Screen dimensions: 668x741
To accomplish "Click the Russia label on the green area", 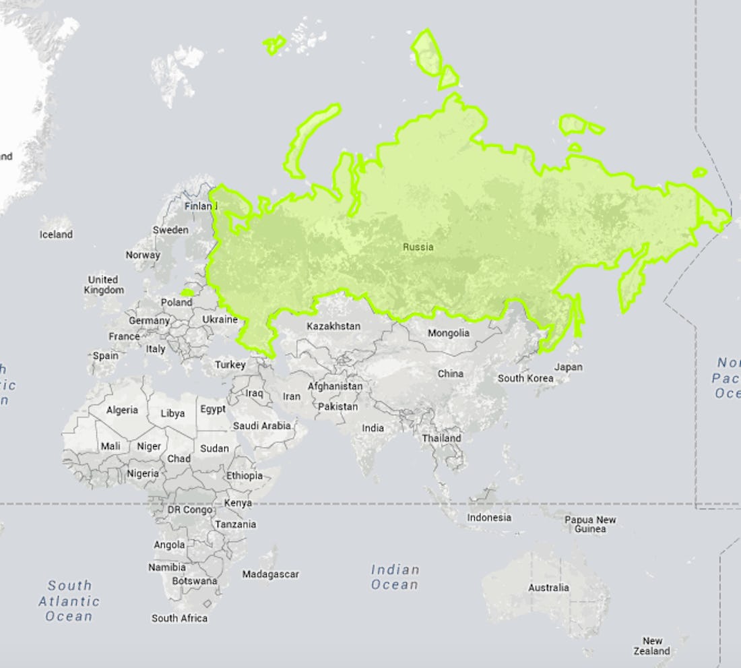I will coord(418,247).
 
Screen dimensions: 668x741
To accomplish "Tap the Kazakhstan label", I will coord(333,326).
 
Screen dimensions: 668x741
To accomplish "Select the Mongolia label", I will coord(448,333).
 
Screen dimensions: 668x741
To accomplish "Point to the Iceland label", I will coord(55,235).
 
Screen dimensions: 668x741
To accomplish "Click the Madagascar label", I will coord(270,574).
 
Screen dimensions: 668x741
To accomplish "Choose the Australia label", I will coord(548,588).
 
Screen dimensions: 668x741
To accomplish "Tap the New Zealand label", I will coord(651,646).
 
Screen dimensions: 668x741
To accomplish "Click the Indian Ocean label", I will coord(395,577).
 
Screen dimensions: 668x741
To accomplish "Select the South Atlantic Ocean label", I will coord(69,601).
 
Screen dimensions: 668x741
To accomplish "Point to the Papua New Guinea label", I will coord(590,524).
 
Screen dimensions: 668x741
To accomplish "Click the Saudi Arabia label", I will coord(262,426).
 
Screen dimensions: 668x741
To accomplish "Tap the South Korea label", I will coord(525,378).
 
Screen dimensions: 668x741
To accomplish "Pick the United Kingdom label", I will coord(104,284).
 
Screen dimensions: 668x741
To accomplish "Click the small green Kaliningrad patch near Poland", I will coord(187,293).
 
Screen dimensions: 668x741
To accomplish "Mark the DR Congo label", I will coord(189,510).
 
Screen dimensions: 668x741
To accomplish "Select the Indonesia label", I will coord(489,518).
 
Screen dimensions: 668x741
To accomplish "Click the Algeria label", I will coord(122,410).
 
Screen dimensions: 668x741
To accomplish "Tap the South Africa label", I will coord(179,618).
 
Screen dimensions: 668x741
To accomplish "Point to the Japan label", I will coord(568,367).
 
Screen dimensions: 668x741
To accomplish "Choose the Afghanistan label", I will coord(335,386).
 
